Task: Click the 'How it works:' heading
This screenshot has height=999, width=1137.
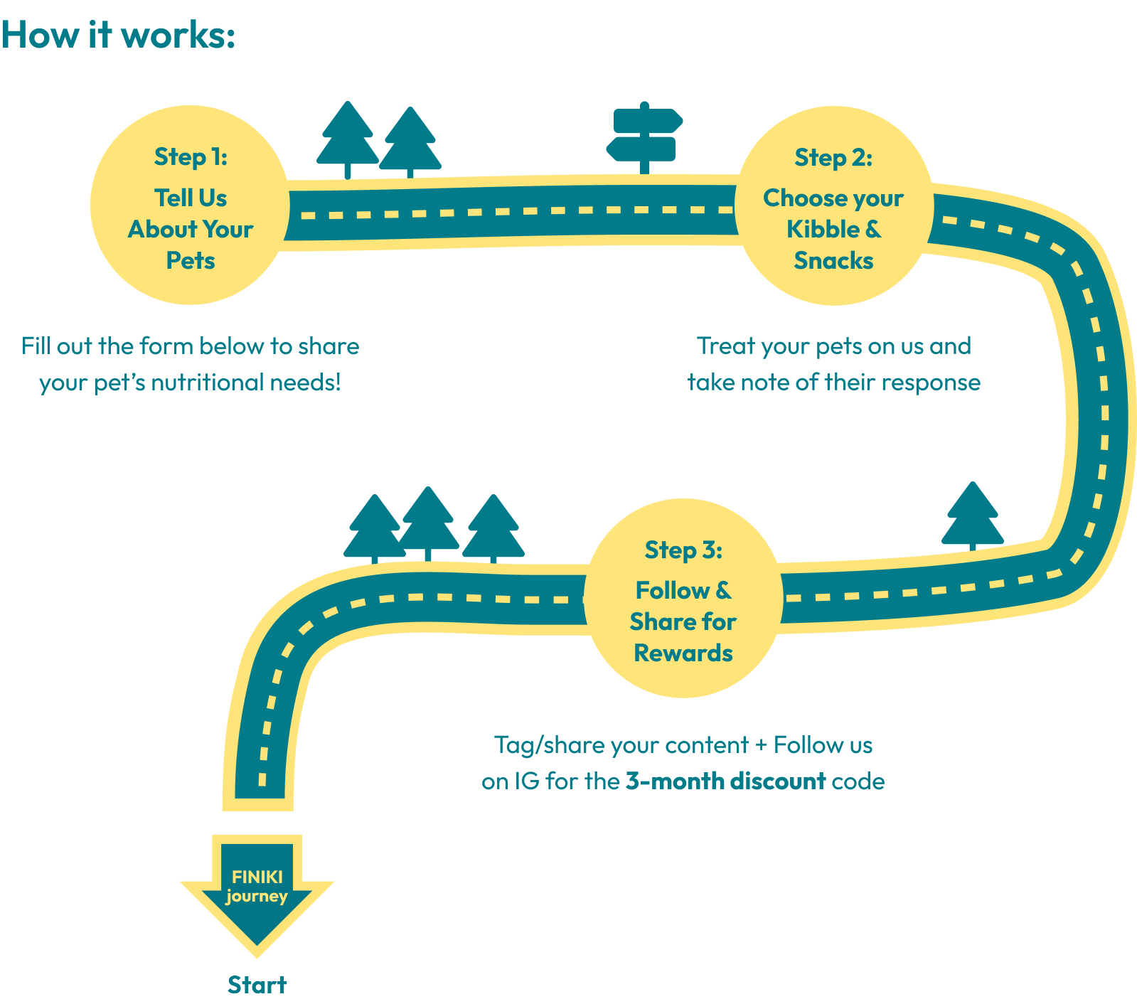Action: click(118, 35)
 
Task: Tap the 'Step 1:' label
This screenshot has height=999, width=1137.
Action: click(191, 157)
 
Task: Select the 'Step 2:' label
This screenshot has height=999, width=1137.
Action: click(833, 158)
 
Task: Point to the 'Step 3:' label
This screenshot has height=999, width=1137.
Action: click(683, 550)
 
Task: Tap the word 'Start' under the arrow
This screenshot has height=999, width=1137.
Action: click(257, 985)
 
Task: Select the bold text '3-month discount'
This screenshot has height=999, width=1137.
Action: click(725, 781)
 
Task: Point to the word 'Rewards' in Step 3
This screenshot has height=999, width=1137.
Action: click(683, 653)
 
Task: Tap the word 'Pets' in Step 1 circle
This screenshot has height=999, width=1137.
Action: click(191, 261)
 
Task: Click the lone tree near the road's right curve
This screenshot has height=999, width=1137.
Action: click(972, 515)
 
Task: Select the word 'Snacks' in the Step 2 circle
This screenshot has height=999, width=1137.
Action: click(833, 261)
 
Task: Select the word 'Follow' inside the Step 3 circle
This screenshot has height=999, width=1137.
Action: click(673, 590)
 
